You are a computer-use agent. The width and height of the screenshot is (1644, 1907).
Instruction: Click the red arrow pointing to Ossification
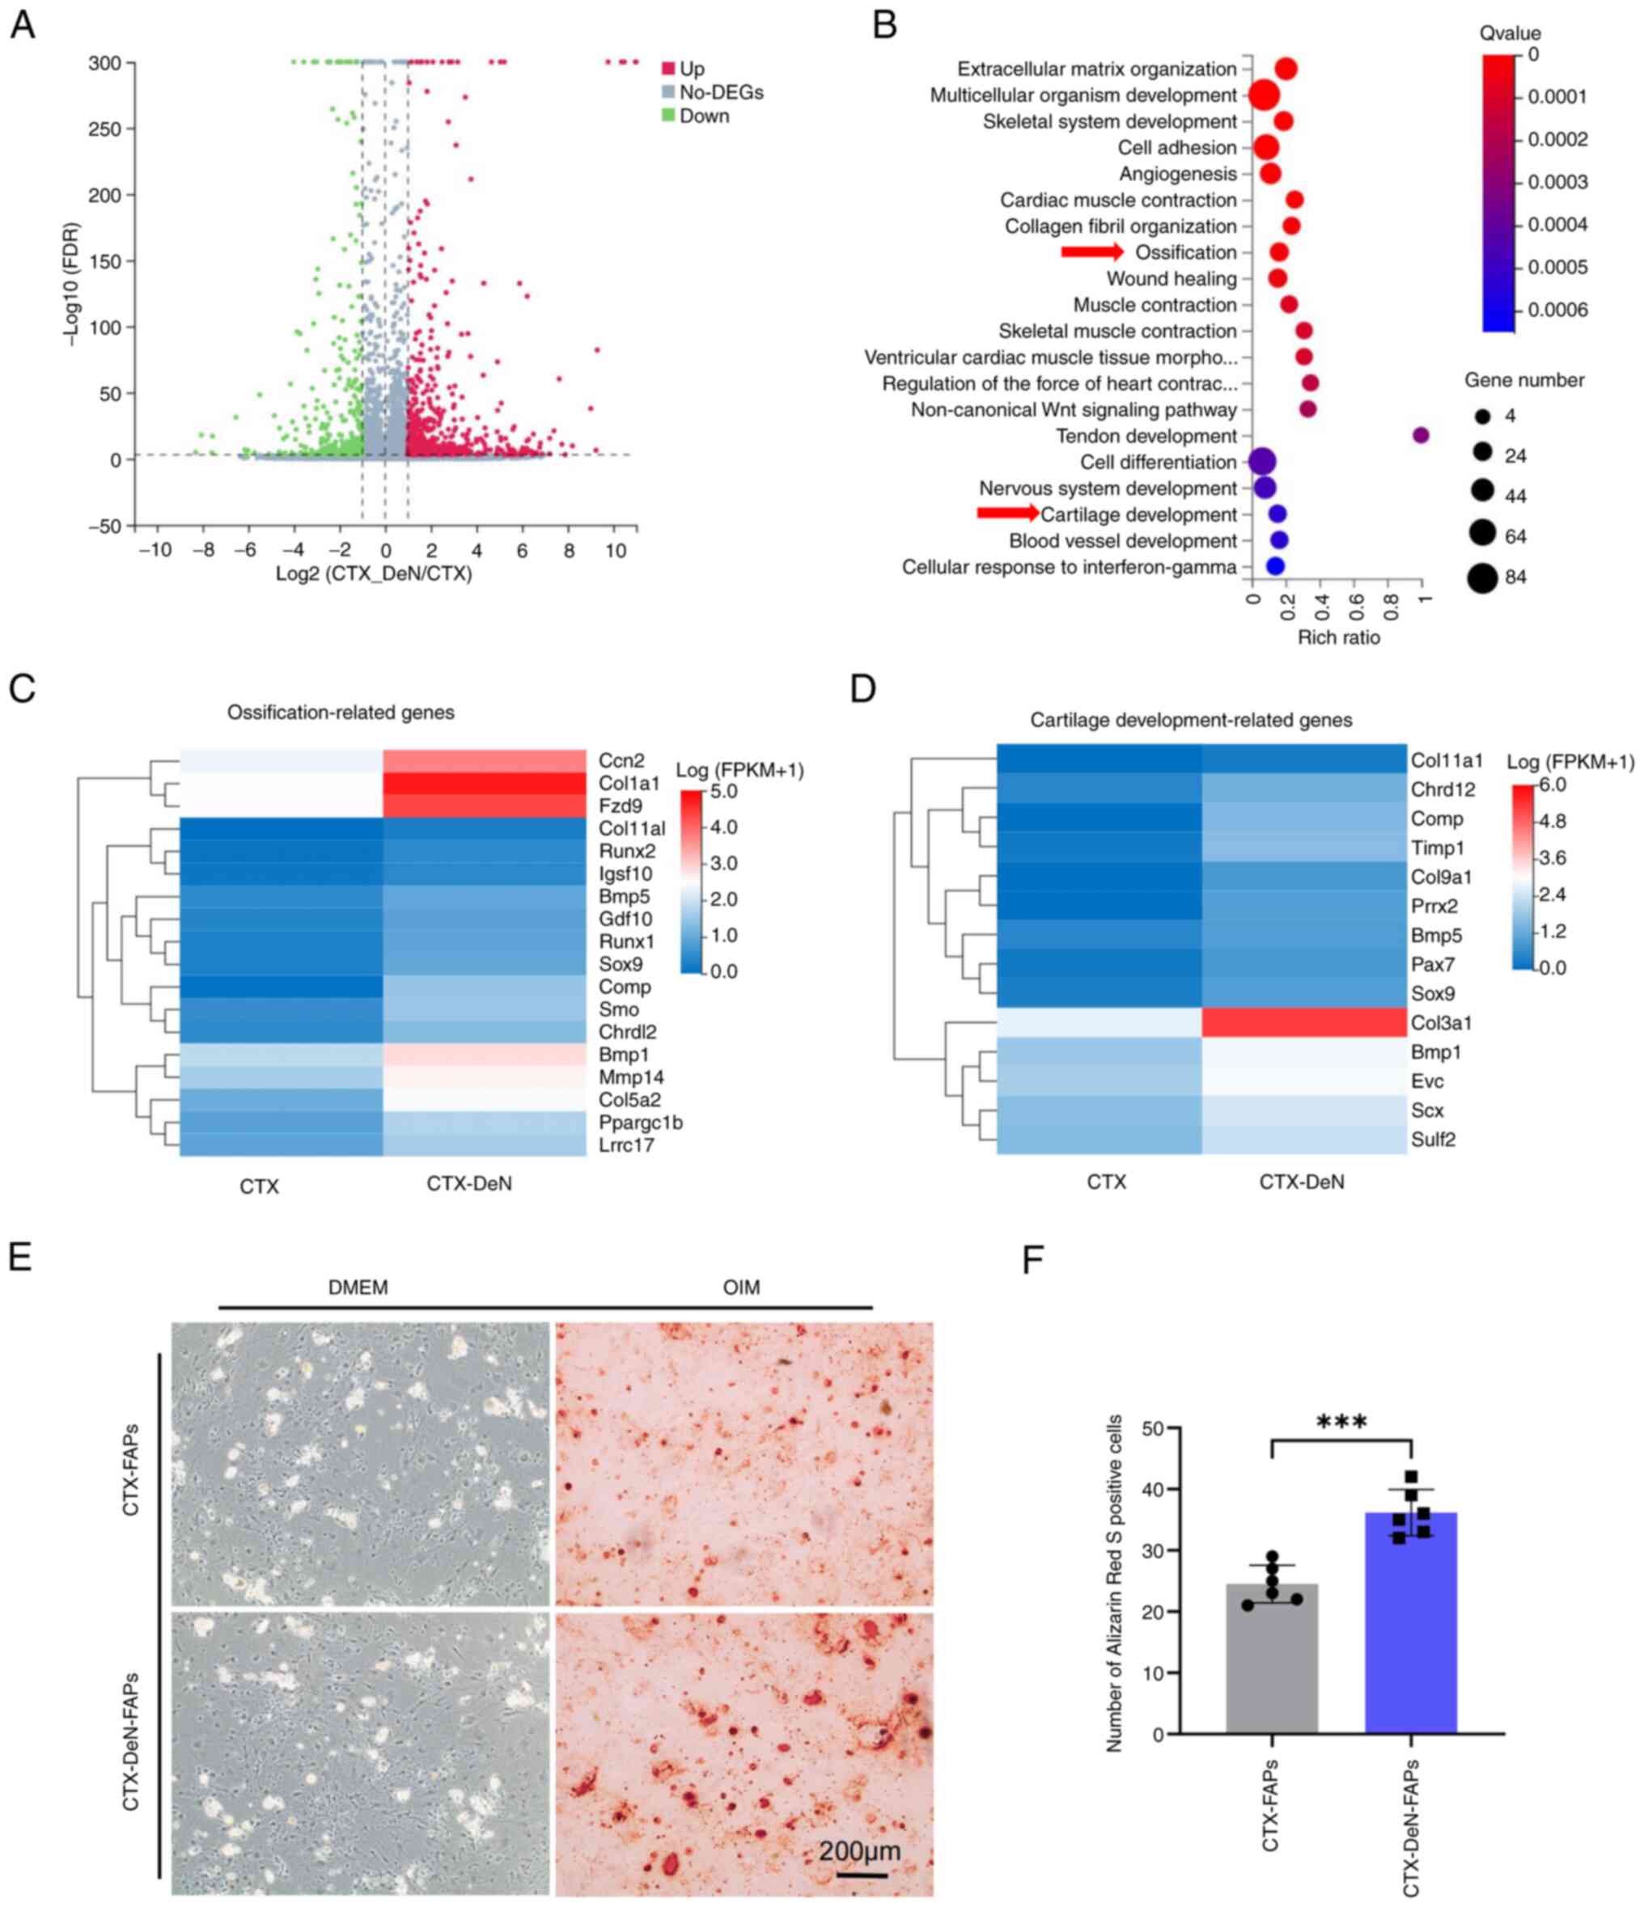pos(1091,252)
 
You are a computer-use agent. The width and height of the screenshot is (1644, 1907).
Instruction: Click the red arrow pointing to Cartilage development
pos(1008,514)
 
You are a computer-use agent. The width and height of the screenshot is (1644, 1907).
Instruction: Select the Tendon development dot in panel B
pos(1421,435)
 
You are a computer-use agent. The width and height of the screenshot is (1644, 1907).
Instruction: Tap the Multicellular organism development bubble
pos(1264,95)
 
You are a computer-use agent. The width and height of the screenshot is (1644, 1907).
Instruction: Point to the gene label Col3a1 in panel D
pos(1441,1022)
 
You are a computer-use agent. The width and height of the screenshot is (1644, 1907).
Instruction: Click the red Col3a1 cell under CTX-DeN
pos(1303,1022)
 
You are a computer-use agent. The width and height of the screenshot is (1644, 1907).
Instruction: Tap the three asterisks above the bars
pos(1341,1423)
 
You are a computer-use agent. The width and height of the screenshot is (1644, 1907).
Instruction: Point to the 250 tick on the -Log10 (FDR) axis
pos(105,129)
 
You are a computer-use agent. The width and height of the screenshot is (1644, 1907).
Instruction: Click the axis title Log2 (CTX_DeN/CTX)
pos(374,574)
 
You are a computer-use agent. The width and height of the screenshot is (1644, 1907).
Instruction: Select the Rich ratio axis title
pos(1338,637)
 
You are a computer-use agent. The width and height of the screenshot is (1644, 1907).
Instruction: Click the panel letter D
pos(862,688)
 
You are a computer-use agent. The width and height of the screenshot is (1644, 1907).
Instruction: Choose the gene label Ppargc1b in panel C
pos(640,1122)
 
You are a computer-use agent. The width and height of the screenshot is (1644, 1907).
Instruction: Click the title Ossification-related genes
pos(341,712)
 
